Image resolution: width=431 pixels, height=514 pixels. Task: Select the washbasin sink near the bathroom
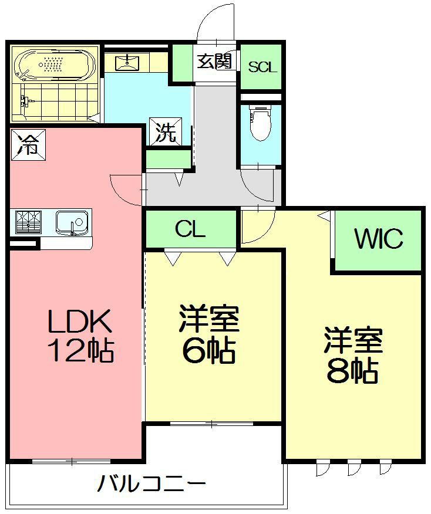coord(127,63)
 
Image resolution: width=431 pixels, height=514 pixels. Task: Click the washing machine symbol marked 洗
coord(166,131)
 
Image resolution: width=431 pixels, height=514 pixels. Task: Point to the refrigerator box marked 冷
coord(28,144)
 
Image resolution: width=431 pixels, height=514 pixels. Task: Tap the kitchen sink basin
coord(72,222)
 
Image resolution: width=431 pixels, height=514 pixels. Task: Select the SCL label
coord(262,67)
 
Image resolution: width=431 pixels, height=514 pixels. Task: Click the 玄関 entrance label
coord(214,61)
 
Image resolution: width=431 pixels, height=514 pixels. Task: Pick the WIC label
coord(379,238)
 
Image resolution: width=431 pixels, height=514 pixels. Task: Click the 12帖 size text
coord(81,350)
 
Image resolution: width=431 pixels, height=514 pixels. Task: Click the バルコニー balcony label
coord(151,482)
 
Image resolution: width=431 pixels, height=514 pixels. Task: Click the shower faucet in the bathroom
coord(26,102)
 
